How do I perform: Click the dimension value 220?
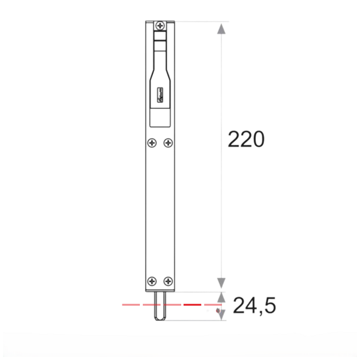coord(246,139)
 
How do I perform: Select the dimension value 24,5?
coord(254,306)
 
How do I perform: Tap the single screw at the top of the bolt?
coord(161,25)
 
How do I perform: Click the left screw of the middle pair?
coord(152,143)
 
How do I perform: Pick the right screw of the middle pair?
coord(168,143)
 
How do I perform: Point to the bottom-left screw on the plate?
coord(152,281)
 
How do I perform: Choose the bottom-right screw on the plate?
coord(169,281)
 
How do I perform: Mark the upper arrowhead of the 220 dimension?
coord(222,28)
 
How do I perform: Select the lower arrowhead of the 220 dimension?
coord(222,283)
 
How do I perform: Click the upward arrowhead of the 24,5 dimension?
coord(222,297)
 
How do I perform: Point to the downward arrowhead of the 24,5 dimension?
coord(222,313)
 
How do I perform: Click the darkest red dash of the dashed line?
coord(191,305)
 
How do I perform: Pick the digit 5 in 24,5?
coord(269,306)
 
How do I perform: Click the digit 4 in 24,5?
coord(251,306)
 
